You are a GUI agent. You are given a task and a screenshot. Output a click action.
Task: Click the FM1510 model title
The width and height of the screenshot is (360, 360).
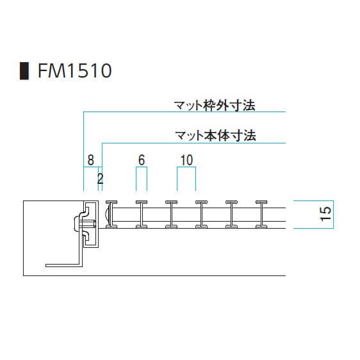(x=75, y=70)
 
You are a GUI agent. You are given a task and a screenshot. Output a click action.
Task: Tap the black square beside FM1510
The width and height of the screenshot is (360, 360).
(x=24, y=71)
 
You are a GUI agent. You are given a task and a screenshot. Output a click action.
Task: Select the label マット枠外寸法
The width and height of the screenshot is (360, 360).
(x=215, y=106)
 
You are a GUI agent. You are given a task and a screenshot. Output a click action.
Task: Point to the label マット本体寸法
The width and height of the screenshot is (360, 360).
(x=215, y=135)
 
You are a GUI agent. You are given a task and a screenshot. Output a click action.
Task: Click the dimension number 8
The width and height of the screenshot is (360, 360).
(x=91, y=160)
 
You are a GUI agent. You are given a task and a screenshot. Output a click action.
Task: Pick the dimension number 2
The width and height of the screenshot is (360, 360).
(x=100, y=179)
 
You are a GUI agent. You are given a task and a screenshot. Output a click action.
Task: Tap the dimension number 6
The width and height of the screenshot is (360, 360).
(x=142, y=160)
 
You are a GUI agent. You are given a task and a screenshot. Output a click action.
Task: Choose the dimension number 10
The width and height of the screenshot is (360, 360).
(x=186, y=160)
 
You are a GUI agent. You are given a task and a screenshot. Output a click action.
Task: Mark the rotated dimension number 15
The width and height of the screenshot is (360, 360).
(x=326, y=214)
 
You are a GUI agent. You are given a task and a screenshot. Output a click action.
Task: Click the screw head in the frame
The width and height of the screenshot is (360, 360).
(x=77, y=223)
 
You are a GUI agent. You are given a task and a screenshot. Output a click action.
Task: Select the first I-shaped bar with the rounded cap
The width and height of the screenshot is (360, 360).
(x=111, y=215)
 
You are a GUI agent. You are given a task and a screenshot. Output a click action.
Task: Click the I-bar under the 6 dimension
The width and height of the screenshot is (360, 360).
(x=142, y=215)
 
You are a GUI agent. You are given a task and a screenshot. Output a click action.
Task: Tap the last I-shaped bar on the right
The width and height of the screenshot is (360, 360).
(x=261, y=215)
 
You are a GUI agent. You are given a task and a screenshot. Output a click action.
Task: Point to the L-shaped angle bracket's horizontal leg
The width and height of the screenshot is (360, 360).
(x=63, y=265)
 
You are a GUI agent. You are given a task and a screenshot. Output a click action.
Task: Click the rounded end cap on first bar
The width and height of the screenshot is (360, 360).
(x=108, y=215)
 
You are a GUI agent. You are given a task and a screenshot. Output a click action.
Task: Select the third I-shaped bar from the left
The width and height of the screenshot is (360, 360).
(x=171, y=215)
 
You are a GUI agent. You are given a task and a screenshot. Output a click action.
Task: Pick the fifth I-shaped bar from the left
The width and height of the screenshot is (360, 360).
(x=231, y=215)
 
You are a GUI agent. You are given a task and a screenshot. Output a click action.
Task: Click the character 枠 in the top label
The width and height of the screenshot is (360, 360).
(x=209, y=106)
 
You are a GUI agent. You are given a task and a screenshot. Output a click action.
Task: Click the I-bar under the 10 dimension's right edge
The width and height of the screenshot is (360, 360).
(x=201, y=215)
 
